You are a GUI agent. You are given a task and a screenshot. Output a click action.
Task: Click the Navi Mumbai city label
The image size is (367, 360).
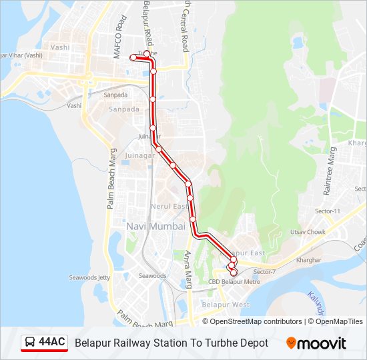(156, 227)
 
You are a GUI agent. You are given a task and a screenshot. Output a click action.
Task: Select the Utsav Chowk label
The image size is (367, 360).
(308, 232)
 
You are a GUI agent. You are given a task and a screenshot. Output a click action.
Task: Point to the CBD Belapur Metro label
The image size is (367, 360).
(234, 282)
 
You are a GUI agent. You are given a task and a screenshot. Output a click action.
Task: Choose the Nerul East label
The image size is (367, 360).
(169, 207)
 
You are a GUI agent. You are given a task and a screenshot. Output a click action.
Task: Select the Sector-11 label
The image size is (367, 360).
(328, 211)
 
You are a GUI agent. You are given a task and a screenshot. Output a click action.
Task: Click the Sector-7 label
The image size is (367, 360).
(264, 271)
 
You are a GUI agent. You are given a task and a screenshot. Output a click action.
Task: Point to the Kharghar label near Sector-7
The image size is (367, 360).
(308, 260)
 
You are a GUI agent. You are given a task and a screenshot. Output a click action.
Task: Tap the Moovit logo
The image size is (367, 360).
(316, 343)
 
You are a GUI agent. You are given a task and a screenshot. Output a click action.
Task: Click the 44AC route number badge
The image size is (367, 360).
(52, 343)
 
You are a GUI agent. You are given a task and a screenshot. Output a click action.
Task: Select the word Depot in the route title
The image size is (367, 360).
(254, 343)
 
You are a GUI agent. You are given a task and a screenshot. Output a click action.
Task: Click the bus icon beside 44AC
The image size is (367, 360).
(29, 343)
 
